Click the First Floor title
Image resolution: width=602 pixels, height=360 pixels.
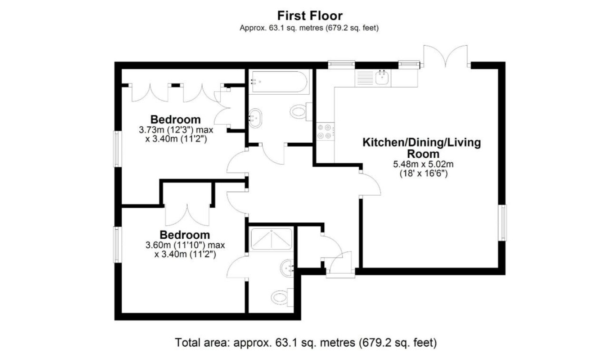[310, 16]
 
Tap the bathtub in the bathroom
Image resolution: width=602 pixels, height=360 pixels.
[279, 82]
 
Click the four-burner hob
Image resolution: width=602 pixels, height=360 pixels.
[326, 131]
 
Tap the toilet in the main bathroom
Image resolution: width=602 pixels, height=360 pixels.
[301, 111]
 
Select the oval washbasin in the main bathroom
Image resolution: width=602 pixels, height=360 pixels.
[255, 118]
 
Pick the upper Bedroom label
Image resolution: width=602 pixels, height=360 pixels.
[175, 120]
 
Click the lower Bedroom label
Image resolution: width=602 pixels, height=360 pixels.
[185, 235]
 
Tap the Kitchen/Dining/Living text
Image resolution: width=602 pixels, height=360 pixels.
[422, 142]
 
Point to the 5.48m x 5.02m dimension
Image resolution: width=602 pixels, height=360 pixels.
[423, 164]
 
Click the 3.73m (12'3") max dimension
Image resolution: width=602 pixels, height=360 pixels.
[176, 130]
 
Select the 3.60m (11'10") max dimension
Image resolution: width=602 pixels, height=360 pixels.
[185, 245]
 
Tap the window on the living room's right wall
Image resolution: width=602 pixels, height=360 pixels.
[503, 223]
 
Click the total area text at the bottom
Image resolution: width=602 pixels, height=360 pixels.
[306, 343]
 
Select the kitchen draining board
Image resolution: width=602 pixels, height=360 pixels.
[365, 78]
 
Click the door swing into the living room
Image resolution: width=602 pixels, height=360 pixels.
[371, 184]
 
